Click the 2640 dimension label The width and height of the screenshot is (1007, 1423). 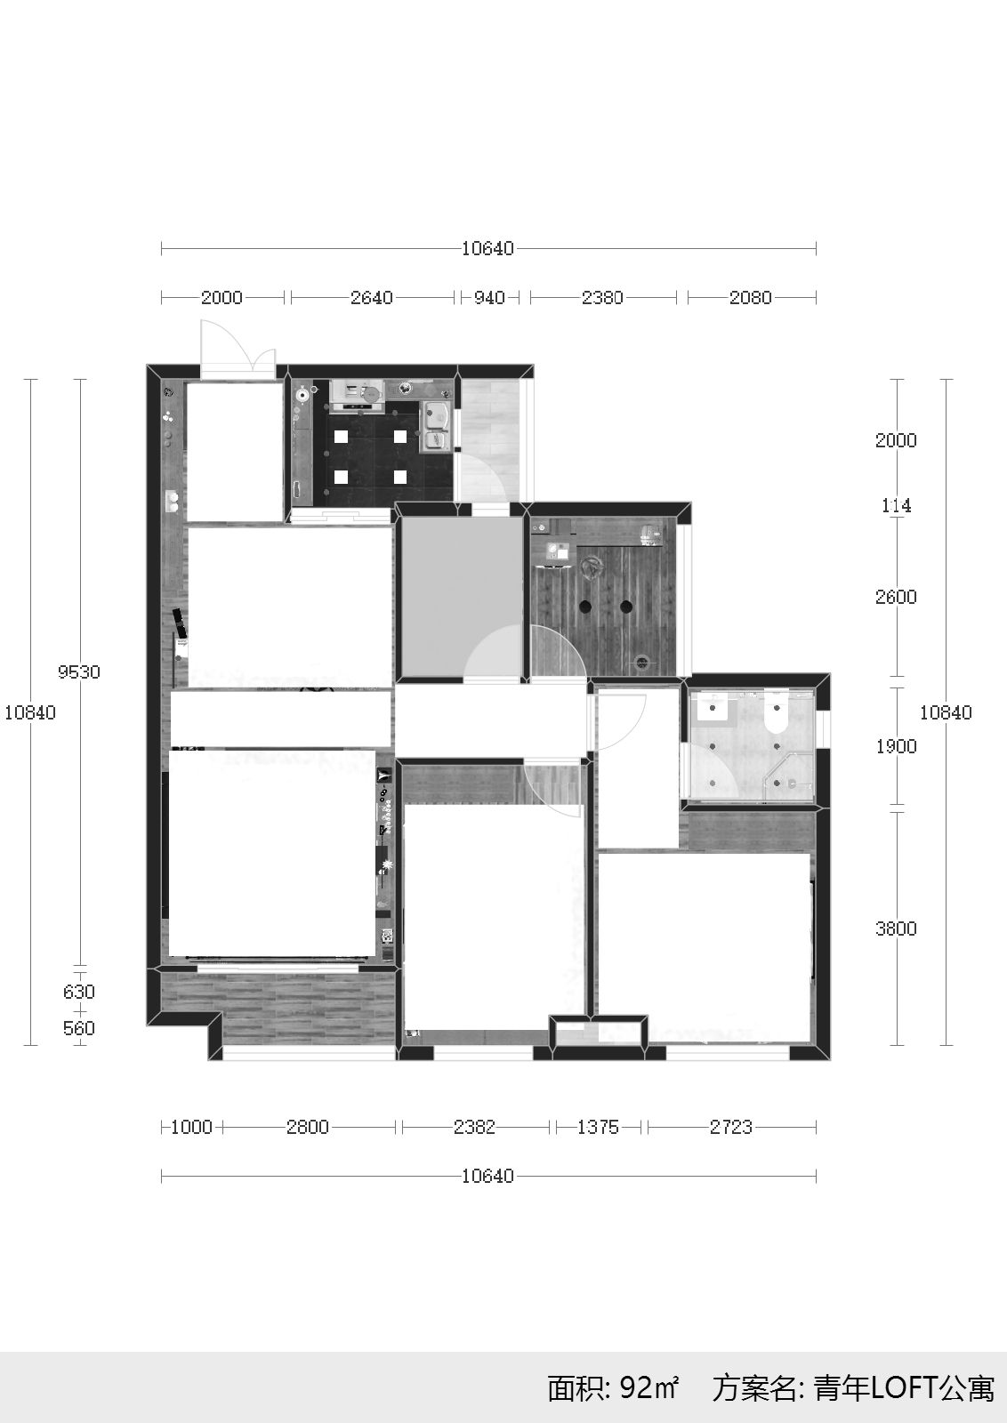point(372,297)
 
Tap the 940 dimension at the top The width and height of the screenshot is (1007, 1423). point(489,297)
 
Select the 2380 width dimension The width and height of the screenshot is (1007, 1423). point(602,297)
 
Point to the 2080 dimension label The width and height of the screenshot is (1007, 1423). point(750,297)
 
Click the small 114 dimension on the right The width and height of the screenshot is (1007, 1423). point(897,506)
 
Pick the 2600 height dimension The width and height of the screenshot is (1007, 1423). point(896,597)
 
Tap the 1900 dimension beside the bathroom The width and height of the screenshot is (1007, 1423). point(896,746)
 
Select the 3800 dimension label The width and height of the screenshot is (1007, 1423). point(896,929)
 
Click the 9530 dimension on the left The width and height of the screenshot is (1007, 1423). point(79,671)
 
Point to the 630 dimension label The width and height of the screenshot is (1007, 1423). point(79,992)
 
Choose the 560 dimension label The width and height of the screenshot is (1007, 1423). point(79,1028)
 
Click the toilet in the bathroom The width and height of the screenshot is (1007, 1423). point(776,715)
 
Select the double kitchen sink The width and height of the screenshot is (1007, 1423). point(437,424)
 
